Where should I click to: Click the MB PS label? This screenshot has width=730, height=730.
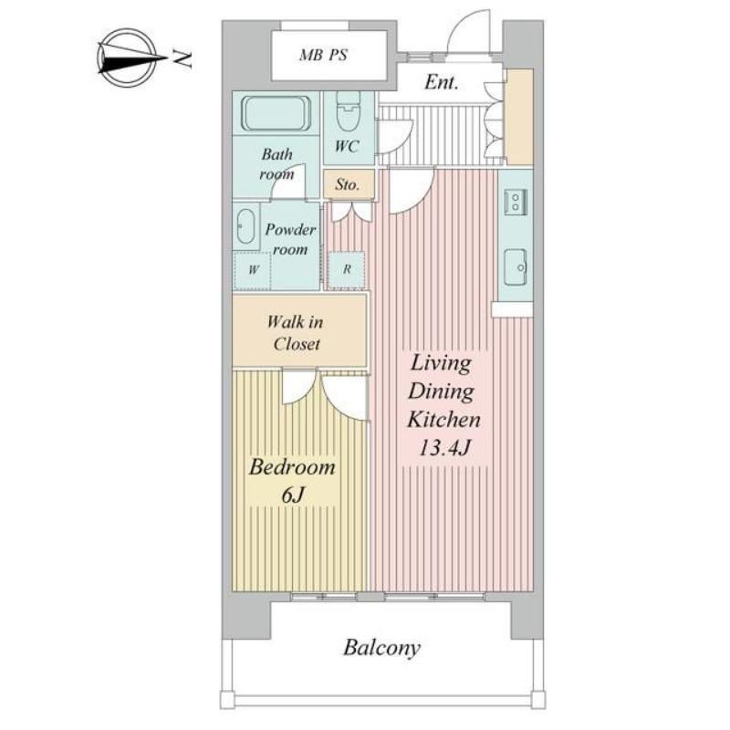[x=323, y=55]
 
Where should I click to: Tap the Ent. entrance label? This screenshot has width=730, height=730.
[x=441, y=82]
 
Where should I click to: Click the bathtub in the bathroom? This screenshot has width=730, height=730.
[x=276, y=114]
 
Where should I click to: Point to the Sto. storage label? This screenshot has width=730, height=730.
[x=348, y=184]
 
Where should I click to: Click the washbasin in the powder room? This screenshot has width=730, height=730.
[x=245, y=226]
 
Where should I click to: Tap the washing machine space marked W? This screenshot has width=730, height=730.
[x=253, y=270]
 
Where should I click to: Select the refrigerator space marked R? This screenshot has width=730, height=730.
[x=347, y=270]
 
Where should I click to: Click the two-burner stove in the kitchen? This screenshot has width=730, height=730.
[x=516, y=202]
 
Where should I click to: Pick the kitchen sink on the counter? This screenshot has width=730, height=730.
[x=516, y=266]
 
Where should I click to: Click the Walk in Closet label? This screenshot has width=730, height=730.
[x=295, y=333]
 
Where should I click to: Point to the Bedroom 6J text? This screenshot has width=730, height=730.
[x=292, y=481]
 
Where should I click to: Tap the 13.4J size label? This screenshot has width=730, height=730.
[x=444, y=448]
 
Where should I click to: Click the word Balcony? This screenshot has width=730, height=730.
[x=381, y=648]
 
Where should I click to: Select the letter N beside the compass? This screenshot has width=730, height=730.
[x=182, y=58]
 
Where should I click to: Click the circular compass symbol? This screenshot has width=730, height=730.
[x=127, y=58]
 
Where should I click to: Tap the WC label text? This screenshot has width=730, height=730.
[x=347, y=146]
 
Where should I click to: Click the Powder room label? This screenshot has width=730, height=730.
[x=290, y=239]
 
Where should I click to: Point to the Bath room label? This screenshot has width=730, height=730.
[x=277, y=164]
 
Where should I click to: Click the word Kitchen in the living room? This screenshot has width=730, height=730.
[x=443, y=419]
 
